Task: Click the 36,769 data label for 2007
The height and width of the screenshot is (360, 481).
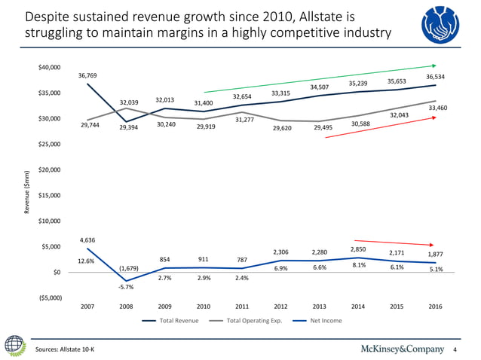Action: (x=87, y=75)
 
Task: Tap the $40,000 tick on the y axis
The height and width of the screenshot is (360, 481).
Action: (x=50, y=68)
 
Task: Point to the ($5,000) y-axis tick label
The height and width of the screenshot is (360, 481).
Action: (x=50, y=297)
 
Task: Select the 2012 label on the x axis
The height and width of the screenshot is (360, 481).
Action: (x=280, y=306)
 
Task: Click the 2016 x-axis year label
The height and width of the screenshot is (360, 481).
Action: (x=435, y=306)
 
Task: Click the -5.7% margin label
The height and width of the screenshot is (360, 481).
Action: (x=125, y=286)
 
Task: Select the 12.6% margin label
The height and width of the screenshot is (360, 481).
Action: (x=86, y=261)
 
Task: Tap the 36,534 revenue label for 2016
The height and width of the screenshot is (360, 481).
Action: (x=435, y=77)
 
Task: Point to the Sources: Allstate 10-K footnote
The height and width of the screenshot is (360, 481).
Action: (x=68, y=350)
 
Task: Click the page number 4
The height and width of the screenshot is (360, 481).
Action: (x=456, y=350)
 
